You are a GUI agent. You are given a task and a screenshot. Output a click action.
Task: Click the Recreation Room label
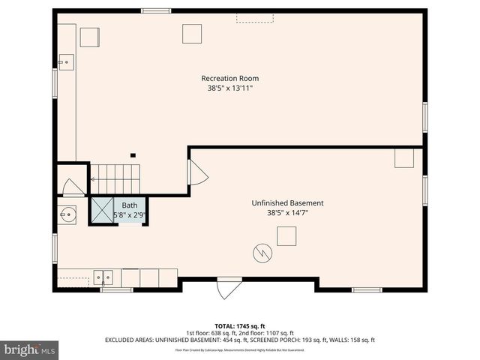[x=235, y=78]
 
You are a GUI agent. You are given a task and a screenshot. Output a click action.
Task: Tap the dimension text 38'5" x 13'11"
[x=235, y=88]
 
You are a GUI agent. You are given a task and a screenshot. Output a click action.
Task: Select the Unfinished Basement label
[x=287, y=203]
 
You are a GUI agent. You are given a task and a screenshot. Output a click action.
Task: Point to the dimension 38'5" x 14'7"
[x=287, y=213]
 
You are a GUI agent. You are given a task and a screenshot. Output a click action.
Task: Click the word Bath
[x=130, y=205]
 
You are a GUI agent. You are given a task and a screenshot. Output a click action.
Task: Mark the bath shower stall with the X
[x=101, y=210]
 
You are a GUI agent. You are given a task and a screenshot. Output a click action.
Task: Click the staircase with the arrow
[x=115, y=179]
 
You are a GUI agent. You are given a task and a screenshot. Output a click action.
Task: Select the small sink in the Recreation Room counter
[x=66, y=63]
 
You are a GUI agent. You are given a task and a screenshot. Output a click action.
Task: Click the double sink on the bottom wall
[x=103, y=277]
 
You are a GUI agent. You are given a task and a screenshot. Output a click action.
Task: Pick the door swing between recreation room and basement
[x=197, y=173]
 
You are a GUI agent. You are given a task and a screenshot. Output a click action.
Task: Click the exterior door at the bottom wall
[x=229, y=288]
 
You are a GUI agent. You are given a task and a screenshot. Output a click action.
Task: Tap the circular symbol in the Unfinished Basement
[x=262, y=252]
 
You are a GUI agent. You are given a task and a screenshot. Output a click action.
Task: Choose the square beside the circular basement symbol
[x=286, y=236]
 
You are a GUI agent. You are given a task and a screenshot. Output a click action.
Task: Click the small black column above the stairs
[x=133, y=155]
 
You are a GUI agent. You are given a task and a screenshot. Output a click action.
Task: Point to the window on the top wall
[x=155, y=10]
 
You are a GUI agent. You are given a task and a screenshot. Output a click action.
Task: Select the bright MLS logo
[x=30, y=349]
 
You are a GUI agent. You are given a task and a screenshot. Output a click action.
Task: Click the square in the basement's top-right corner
[x=404, y=157]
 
